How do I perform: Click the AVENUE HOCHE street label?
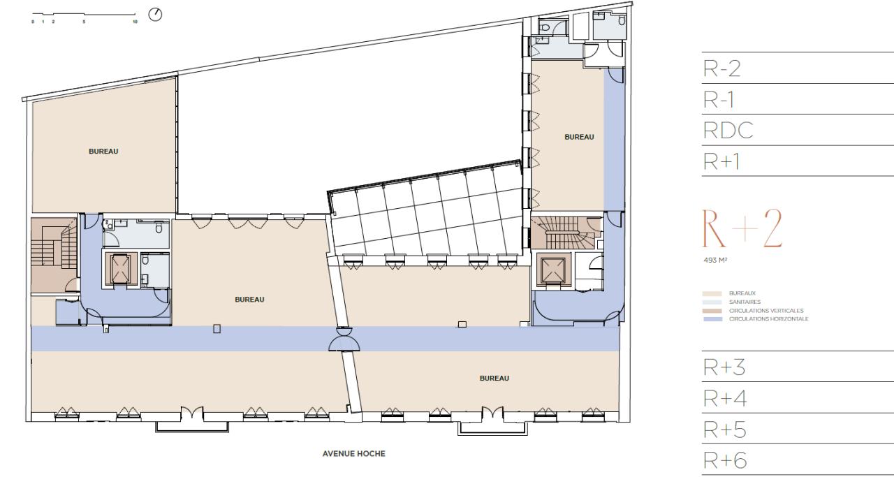(x=353, y=453)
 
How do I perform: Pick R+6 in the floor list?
(x=722, y=460)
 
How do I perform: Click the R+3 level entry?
(x=722, y=367)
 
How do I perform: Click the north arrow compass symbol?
(x=156, y=14)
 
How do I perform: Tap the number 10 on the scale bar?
(x=135, y=22)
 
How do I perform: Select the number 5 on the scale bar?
(x=84, y=22)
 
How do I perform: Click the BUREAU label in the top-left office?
(x=103, y=151)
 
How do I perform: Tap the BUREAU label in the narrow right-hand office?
(x=579, y=137)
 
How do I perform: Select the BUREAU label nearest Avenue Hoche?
(x=494, y=378)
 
